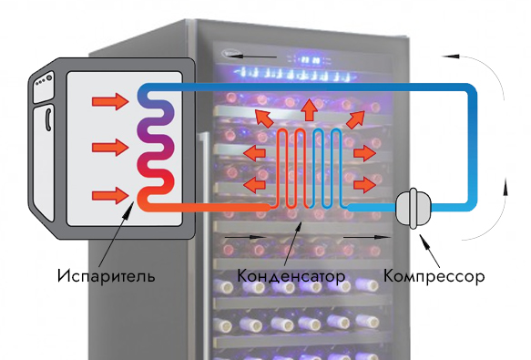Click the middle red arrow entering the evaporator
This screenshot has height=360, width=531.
pos(108,145)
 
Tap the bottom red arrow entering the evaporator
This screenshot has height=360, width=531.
pos(108,192)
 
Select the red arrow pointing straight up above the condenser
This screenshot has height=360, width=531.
pos(310,109)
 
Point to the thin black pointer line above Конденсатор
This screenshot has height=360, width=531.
pos(292,241)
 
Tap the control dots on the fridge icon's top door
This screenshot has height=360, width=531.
pos(40,87)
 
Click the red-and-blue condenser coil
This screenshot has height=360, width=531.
pos(310,169)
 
